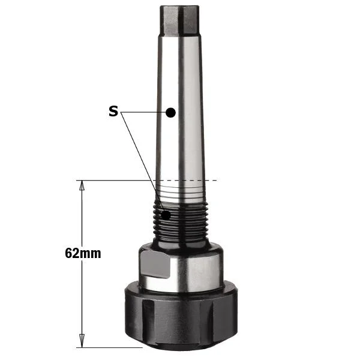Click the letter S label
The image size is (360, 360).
tap(113, 111)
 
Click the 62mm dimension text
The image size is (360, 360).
tap(83, 253)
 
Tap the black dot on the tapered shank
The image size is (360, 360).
tap(170, 113)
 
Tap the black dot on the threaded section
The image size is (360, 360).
tap(166, 215)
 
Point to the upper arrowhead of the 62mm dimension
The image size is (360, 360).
tap(82, 185)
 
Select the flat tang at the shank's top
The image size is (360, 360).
tap(179, 20)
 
